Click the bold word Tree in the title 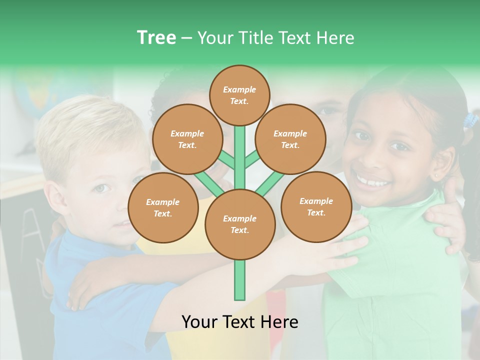[156, 38]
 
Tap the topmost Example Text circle [239, 95]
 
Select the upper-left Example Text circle [187, 139]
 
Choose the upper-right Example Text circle [290, 139]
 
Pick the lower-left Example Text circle [163, 207]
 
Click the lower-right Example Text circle [316, 206]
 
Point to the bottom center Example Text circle [240, 224]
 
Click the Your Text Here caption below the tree [240, 322]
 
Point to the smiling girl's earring [437, 176]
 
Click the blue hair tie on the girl [470, 120]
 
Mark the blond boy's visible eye [101, 188]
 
